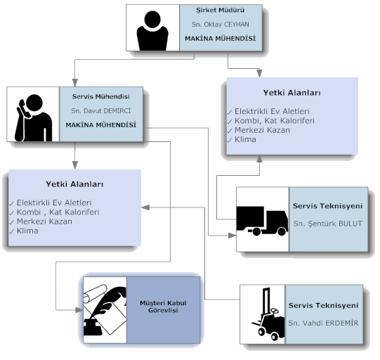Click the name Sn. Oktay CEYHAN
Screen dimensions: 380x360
(221, 25)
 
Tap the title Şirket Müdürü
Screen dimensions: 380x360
(221, 10)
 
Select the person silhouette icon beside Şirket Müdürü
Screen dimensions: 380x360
(152, 30)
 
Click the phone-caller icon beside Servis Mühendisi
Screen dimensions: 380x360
(33, 117)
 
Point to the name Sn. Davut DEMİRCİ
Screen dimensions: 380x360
(101, 111)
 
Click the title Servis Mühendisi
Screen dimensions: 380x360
(101, 96)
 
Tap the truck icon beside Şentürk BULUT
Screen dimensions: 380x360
(262, 221)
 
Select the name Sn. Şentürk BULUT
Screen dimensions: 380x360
(327, 224)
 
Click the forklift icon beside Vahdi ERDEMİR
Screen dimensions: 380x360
(268, 314)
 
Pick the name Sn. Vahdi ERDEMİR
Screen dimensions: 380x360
(323, 323)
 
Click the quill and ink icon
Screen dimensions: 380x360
(105, 310)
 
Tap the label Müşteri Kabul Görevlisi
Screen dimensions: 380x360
(163, 307)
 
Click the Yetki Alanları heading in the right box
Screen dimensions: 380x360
(292, 93)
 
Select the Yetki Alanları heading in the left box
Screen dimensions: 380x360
(74, 184)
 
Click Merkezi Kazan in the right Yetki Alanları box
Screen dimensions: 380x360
(262, 130)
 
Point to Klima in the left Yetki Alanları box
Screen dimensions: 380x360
(27, 231)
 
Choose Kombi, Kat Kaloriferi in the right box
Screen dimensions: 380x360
(275, 120)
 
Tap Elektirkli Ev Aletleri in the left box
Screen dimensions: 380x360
(54, 202)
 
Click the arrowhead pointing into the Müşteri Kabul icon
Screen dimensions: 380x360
(79, 310)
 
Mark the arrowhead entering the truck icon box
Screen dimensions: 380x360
(232, 236)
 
